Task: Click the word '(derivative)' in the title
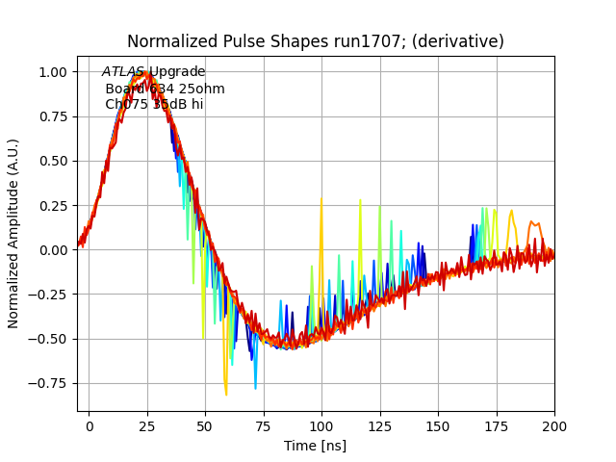(x=459, y=41)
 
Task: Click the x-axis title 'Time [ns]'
(x=315, y=446)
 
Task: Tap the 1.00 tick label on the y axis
(x=52, y=72)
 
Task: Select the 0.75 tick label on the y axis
(x=52, y=116)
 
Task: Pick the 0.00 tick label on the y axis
(x=52, y=250)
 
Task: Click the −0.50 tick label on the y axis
(x=48, y=339)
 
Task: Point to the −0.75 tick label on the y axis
(x=48, y=383)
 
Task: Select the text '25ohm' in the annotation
(x=202, y=89)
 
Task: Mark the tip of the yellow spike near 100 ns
(x=321, y=198)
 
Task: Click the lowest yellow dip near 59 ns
(x=226, y=395)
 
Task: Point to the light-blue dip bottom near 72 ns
(x=255, y=389)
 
